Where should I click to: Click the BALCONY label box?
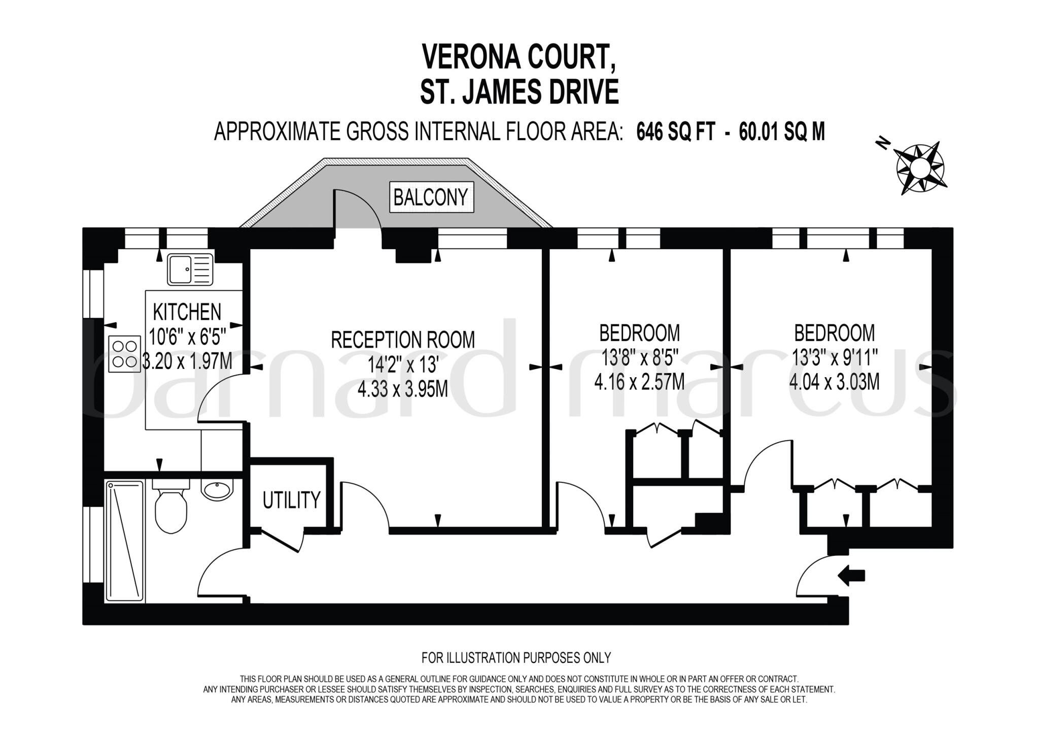coord(431,197)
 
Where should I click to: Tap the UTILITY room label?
coord(292,500)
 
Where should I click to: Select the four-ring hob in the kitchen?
coord(125,353)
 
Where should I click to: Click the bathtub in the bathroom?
coord(124,541)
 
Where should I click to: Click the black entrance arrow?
coord(851,576)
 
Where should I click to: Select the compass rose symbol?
coord(920,168)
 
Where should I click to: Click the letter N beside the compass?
coord(883,144)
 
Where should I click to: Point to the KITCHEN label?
coord(187,312)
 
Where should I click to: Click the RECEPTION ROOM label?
coord(403,340)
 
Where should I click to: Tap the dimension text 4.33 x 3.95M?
coord(403,389)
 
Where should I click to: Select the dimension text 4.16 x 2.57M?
coord(639,381)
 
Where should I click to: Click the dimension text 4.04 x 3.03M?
coord(834,381)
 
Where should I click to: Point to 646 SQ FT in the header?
coord(676,132)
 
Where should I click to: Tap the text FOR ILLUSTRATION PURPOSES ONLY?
coord(516,658)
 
